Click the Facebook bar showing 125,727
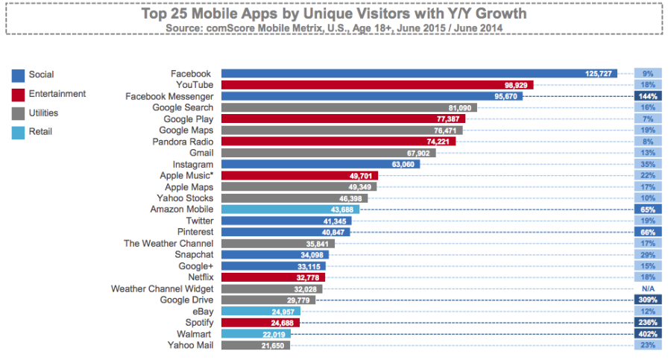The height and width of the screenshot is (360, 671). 425,74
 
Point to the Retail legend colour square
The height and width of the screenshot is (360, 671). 19,133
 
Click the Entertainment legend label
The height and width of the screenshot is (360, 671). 57,94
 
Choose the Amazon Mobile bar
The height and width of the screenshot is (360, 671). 291,209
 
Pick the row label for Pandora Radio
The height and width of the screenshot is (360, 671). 183,142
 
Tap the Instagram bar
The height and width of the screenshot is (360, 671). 321,164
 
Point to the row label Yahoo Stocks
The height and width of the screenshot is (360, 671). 185,198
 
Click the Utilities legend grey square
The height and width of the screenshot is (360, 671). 19,113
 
